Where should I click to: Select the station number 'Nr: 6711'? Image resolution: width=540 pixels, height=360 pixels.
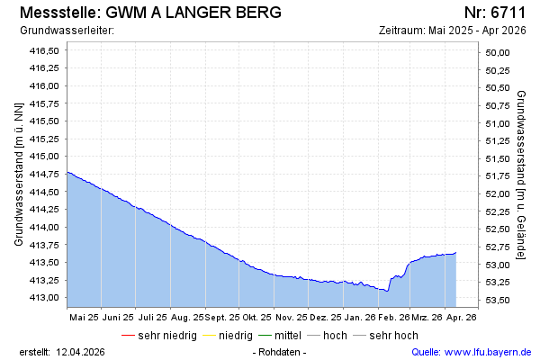pyautogui.click(x=494, y=13)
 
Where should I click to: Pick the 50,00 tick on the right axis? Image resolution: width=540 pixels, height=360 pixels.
pyautogui.click(x=498, y=52)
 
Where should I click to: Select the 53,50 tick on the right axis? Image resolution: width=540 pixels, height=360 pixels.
pyautogui.click(x=498, y=300)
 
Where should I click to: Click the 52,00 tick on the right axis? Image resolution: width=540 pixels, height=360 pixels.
pyautogui.click(x=498, y=193)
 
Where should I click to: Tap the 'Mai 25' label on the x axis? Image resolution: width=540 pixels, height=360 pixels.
pyautogui.click(x=83, y=317)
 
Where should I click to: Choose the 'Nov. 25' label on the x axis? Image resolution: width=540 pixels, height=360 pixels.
pyautogui.click(x=291, y=317)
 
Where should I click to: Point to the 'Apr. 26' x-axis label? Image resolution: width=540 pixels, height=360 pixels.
pyautogui.click(x=462, y=317)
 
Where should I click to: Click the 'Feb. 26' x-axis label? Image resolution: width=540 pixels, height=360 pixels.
pyautogui.click(x=393, y=317)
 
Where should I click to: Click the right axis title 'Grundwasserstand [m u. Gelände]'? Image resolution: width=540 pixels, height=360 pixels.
pyautogui.click(x=521, y=175)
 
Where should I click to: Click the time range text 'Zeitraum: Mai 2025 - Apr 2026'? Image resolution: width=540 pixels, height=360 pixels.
pyautogui.click(x=453, y=30)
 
